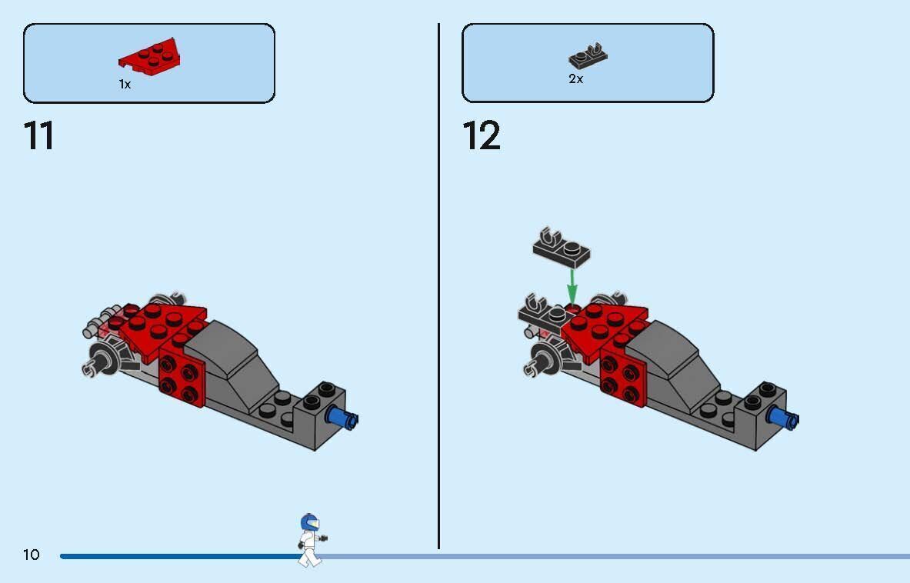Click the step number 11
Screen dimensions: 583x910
click(39, 135)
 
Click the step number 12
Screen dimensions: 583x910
click(481, 135)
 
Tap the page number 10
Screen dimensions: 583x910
click(31, 555)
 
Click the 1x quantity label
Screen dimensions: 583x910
click(125, 85)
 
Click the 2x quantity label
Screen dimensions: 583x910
click(575, 78)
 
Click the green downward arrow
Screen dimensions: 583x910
click(572, 285)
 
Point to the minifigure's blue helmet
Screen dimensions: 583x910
click(309, 523)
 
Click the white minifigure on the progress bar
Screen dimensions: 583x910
click(310, 542)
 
